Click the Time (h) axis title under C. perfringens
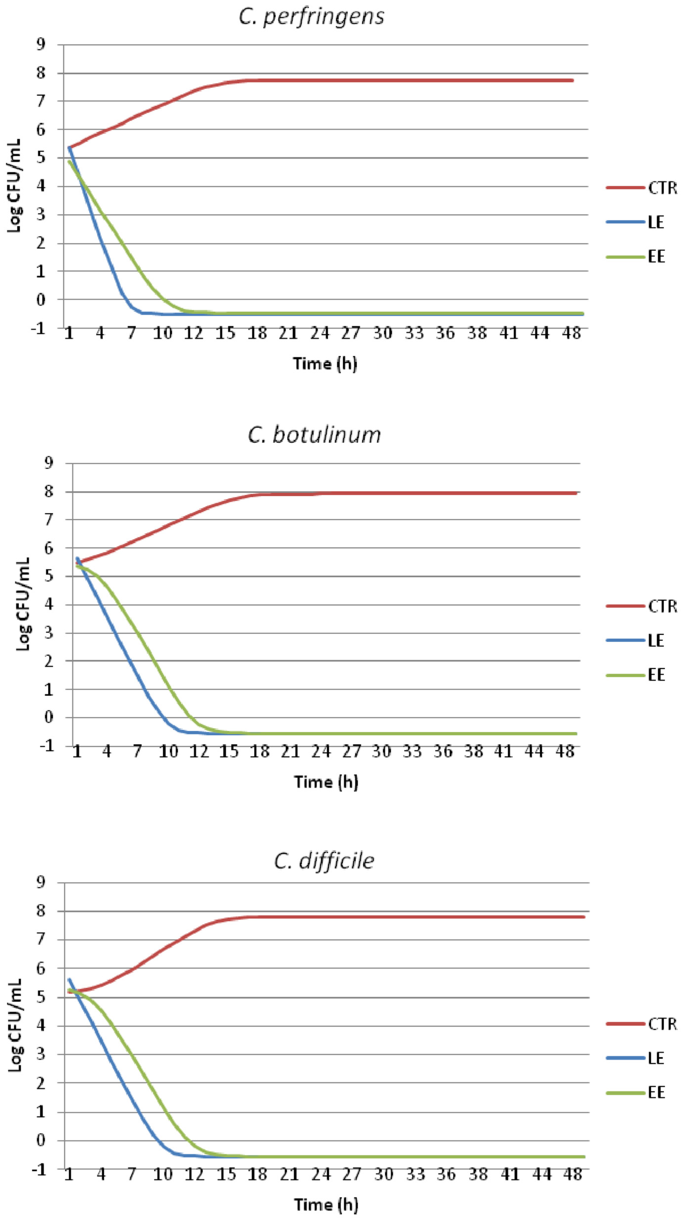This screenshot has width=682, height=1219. [325, 363]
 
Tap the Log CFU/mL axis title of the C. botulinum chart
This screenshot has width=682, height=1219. [23, 604]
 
